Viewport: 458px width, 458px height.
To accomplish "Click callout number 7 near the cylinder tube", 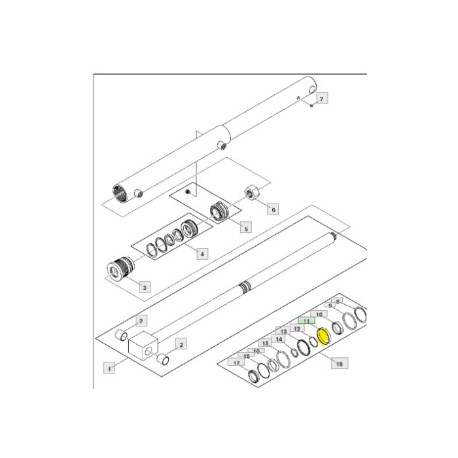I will pyautogui.click(x=322, y=98).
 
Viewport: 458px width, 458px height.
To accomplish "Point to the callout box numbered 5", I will pyautogui.click(x=245, y=228).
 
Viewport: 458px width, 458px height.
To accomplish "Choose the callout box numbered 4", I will pyautogui.click(x=203, y=254).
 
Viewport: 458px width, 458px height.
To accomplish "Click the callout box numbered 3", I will pyautogui.click(x=143, y=286).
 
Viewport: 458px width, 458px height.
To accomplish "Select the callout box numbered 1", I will pyautogui.click(x=110, y=368).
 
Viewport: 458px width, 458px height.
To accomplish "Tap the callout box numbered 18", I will pyautogui.click(x=340, y=362).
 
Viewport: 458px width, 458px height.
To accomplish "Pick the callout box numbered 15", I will pyautogui.click(x=265, y=343).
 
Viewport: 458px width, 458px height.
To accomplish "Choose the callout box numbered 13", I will pyautogui.click(x=283, y=332).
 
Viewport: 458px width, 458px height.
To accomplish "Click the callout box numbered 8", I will pyautogui.click(x=338, y=302).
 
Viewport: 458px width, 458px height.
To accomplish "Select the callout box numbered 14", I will pyautogui.click(x=279, y=339).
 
